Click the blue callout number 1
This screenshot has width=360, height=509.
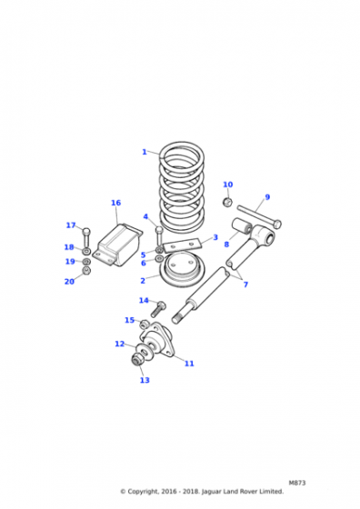pos(145,152)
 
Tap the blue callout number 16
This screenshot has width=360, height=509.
pos(115,203)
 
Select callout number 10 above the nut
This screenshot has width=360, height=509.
pos(228,185)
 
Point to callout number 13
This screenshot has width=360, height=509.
pos(145,380)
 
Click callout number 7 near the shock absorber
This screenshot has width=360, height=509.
pos(245,284)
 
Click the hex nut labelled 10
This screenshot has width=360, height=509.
pos(227,203)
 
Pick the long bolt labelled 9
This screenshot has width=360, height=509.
pos(259,216)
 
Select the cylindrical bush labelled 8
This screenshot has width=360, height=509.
pos(242,225)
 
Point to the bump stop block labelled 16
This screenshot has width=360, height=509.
pos(118,245)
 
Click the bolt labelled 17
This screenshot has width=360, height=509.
pos(86,238)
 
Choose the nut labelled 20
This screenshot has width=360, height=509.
pos(86,271)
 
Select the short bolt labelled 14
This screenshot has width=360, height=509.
pos(157,309)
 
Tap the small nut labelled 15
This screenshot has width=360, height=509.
pos(144,324)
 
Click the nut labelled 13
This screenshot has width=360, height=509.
pos(136,359)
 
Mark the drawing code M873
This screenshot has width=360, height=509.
pos(297,483)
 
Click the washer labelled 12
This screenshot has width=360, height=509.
pos(144,350)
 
